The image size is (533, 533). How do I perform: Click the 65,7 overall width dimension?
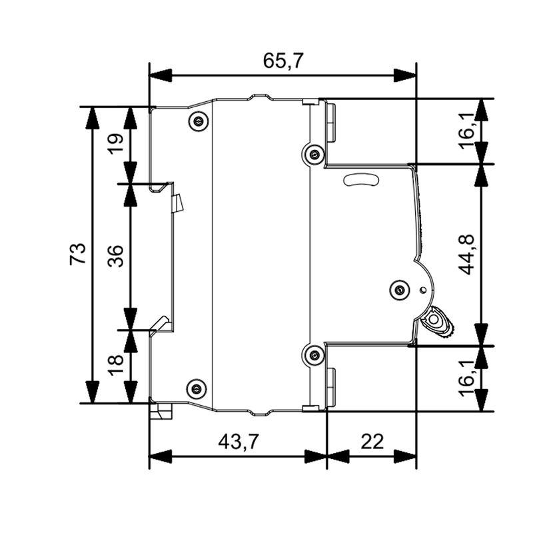[283, 62]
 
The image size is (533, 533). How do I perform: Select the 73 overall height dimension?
[78, 255]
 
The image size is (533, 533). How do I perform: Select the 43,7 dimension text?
[237, 442]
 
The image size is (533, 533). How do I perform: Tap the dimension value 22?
[372, 442]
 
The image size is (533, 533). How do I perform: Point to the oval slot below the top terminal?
[359, 179]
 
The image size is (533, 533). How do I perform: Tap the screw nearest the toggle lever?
[399, 288]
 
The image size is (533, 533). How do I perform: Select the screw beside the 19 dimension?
[197, 121]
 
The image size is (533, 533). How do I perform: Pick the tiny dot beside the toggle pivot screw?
[424, 290]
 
